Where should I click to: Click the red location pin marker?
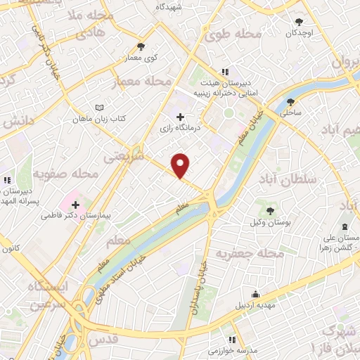click(181, 165)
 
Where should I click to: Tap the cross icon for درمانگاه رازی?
click(181, 117)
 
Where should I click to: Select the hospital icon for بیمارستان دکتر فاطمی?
click(75, 205)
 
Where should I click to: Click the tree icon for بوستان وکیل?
click(269, 210)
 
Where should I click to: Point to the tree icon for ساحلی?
click(290, 101)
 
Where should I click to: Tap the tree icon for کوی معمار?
click(141, 46)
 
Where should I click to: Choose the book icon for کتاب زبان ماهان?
click(99, 108)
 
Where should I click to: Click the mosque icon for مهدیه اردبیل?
click(255, 295)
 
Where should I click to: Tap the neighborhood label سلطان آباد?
click(290, 181)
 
